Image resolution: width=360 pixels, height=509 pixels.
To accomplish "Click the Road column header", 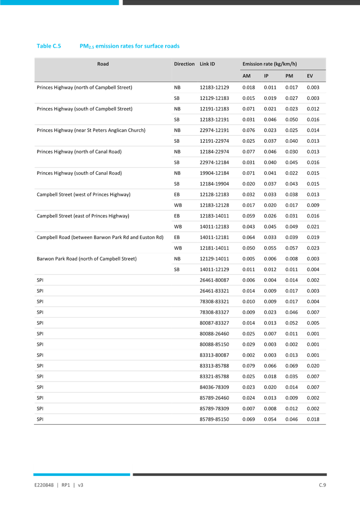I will pyautogui.click(x=103, y=64).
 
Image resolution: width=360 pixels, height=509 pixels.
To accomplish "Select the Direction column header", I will pyautogui.click(x=184, y=64).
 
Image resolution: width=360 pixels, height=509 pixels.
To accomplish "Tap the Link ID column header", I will pyautogui.click(x=207, y=64).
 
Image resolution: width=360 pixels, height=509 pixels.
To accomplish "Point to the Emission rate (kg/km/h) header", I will pyautogui.click(x=270, y=64).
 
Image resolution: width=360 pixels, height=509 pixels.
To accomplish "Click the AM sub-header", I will pyautogui.click(x=246, y=76).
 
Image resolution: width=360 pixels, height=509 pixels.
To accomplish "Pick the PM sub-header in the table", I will pyautogui.click(x=289, y=76).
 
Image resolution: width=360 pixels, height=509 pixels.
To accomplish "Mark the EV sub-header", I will pyautogui.click(x=310, y=76).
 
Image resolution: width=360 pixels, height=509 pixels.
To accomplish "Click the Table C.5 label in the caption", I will pyautogui.click(x=49, y=46).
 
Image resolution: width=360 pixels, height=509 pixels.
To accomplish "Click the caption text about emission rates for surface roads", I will pyautogui.click(x=130, y=46).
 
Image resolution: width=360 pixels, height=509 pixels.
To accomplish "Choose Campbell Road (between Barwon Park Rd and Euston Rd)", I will pyautogui.click(x=100, y=237).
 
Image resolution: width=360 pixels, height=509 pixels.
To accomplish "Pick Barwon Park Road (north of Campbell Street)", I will pyautogui.click(x=86, y=259).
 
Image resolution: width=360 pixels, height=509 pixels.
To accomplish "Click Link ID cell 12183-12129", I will pyautogui.click(x=213, y=87).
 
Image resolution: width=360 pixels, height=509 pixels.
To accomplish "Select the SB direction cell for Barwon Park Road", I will pyautogui.click(x=177, y=269).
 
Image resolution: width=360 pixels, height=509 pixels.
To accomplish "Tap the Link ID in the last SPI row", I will pyautogui.click(x=213, y=419).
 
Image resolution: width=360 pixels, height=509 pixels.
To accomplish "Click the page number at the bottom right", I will pyautogui.click(x=322, y=485).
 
